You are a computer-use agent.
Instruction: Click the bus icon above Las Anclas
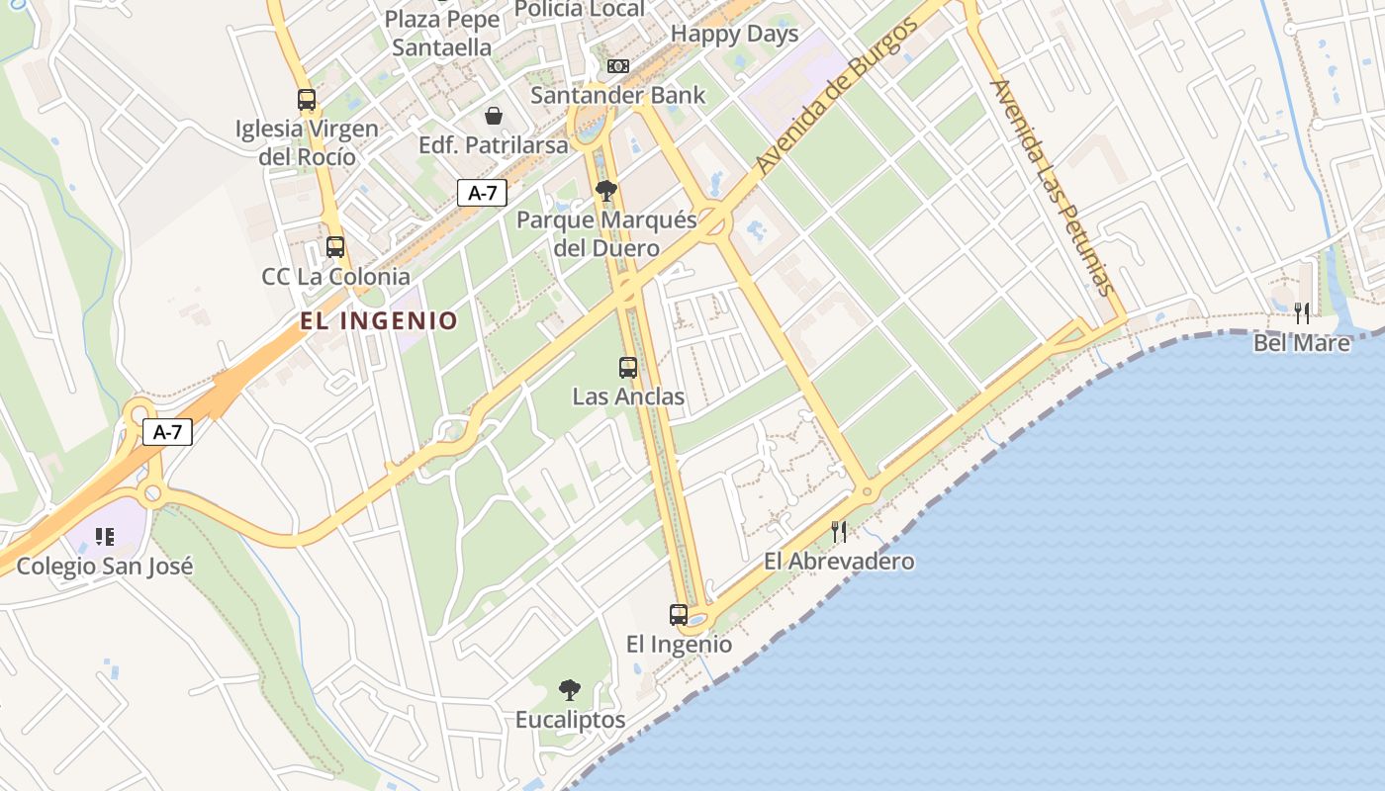pos(628,368)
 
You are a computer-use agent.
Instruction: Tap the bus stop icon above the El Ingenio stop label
pos(679,614)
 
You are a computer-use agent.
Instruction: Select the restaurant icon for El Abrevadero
pos(839,532)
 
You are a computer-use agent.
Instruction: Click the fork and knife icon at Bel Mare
pos(1302,313)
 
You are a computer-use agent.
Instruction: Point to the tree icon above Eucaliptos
pos(570,689)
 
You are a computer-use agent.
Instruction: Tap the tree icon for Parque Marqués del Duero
pos(606,190)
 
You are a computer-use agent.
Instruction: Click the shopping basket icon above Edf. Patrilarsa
pos(494,116)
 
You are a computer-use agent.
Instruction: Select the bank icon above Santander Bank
pos(618,66)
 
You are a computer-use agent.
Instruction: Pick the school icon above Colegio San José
pos(105,537)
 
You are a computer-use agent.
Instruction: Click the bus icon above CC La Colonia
pos(335,247)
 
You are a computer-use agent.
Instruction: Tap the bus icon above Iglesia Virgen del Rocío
pos(307,99)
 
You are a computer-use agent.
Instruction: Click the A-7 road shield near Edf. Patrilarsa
pos(482,193)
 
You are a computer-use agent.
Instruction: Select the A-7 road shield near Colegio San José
pos(167,432)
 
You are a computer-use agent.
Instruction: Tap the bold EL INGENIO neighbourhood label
pos(380,320)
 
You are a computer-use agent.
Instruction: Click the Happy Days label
pos(734,34)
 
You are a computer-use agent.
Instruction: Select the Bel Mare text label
pos(1302,343)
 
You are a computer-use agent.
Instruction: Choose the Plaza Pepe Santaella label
pos(442,33)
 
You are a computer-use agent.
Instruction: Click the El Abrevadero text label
pos(839,562)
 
